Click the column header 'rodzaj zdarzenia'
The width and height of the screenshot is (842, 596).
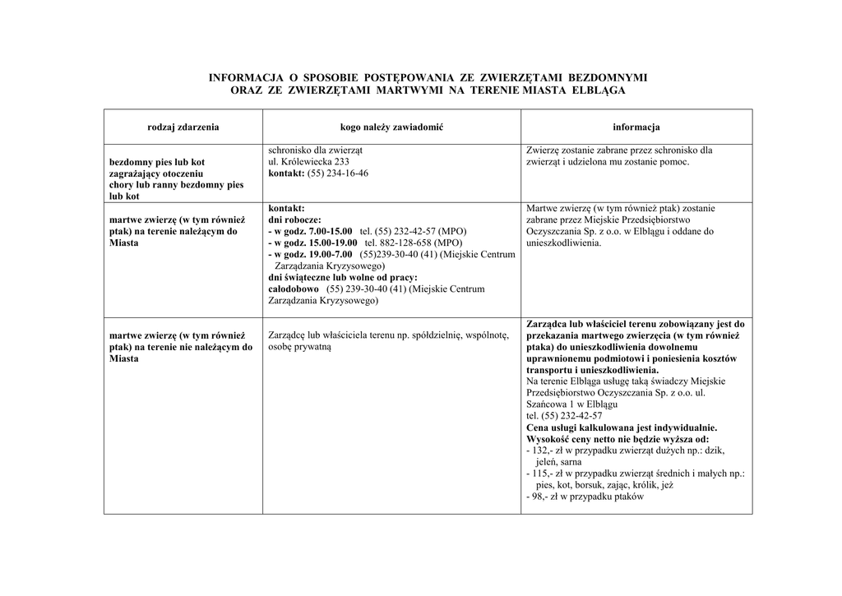click(183, 127)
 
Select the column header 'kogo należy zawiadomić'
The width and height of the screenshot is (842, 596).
click(391, 127)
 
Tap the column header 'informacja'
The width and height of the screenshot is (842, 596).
click(636, 127)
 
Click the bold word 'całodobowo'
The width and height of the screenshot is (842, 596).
click(294, 289)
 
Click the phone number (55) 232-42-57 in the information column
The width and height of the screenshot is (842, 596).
click(564, 416)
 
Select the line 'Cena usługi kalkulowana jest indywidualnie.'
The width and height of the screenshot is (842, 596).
click(622, 427)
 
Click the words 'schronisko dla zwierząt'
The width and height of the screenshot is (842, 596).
click(316, 150)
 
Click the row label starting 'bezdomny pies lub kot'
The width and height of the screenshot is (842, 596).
click(157, 162)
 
